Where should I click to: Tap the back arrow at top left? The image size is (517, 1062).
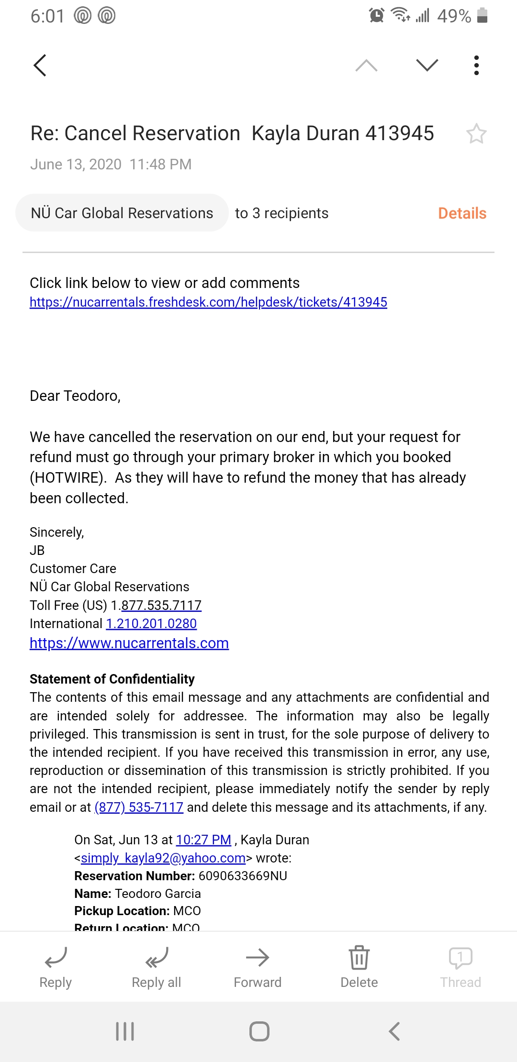tap(40, 65)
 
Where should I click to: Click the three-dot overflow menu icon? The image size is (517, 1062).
tap(476, 65)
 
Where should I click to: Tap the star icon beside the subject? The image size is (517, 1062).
tap(476, 134)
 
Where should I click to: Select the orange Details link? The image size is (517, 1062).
tap(462, 213)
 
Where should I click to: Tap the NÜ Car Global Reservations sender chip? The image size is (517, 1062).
tap(122, 213)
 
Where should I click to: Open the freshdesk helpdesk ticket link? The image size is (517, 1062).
tap(208, 302)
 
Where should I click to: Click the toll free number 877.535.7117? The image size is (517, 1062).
tap(161, 606)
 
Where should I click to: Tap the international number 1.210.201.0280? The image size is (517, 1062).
tap(151, 624)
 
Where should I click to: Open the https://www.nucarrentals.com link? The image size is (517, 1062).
tap(129, 643)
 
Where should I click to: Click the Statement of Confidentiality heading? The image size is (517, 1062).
tap(112, 679)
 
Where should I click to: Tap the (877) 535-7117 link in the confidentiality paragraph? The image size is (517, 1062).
tap(139, 808)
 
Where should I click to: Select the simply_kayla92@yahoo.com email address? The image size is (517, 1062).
tap(163, 858)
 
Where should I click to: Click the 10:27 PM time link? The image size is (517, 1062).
tap(203, 840)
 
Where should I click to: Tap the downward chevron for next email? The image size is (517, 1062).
tap(427, 65)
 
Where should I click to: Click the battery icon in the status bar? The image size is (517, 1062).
tap(483, 15)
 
